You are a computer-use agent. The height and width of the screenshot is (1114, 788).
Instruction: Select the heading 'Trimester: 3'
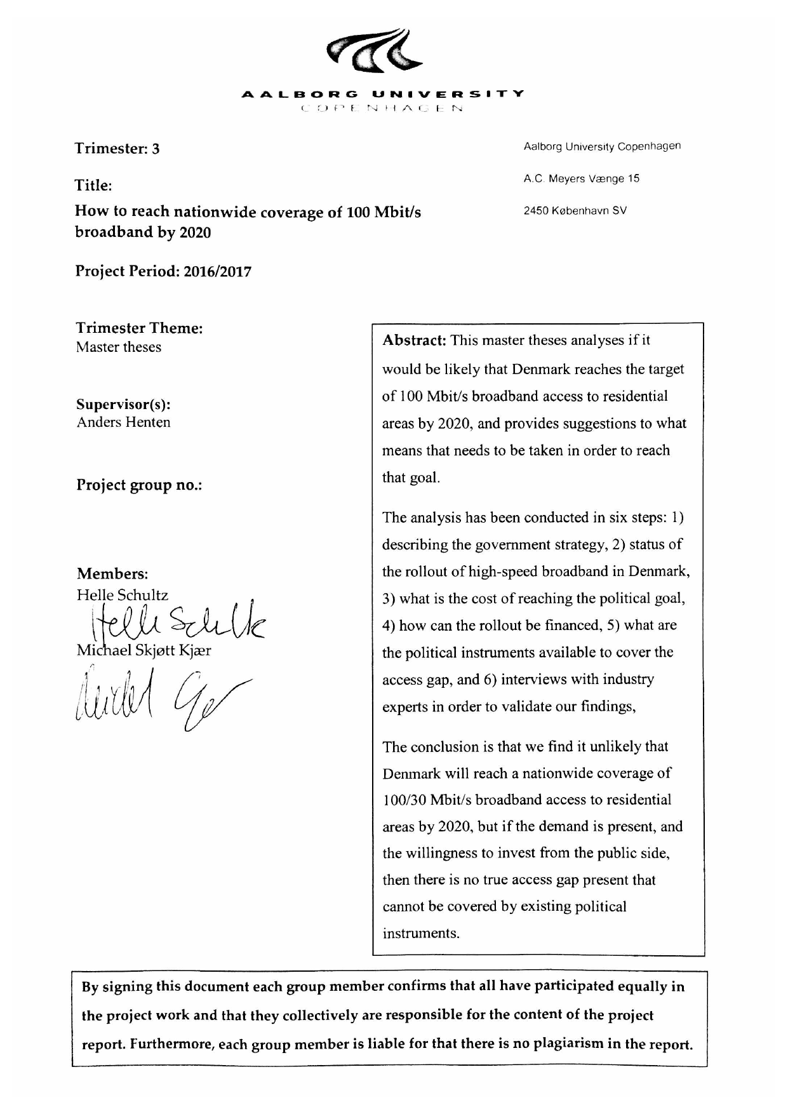(117, 149)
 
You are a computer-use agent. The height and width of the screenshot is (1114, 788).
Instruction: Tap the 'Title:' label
(93, 185)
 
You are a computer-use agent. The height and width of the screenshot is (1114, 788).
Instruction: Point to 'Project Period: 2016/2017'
(163, 272)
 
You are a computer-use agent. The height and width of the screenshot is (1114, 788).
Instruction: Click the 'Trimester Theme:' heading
(140, 328)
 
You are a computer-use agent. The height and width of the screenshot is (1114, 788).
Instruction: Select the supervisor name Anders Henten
(123, 422)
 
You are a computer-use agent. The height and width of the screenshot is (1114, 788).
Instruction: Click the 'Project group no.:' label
(139, 485)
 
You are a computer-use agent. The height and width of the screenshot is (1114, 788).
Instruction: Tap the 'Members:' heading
(112, 574)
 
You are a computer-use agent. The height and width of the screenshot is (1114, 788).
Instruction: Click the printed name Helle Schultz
(123, 595)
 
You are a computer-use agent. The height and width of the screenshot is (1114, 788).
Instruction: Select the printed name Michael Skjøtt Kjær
(144, 651)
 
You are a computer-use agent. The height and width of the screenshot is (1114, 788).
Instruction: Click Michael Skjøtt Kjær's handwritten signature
(159, 699)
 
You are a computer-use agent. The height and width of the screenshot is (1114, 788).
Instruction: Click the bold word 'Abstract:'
(414, 340)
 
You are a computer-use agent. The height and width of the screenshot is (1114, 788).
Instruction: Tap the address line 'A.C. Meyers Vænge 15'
(581, 179)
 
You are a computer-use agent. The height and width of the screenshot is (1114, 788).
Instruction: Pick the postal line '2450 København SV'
(575, 211)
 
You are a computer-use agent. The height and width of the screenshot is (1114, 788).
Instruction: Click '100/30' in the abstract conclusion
(405, 800)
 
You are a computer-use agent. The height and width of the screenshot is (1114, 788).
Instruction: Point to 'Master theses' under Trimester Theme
(119, 347)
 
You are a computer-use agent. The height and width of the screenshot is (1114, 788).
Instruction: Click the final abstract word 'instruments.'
(420, 934)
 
